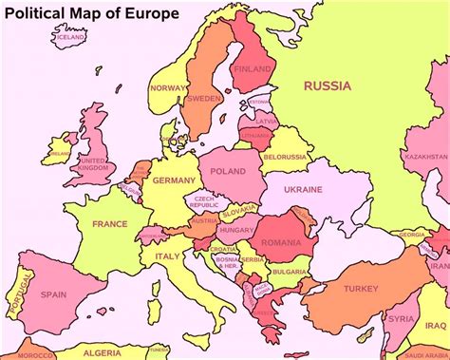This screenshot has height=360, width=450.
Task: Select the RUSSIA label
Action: (327, 85)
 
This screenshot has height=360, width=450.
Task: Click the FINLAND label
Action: (253, 69)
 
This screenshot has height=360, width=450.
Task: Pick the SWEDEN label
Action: (205, 98)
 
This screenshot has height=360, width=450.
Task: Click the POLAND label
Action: (228, 172)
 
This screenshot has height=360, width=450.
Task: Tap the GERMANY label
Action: (174, 180)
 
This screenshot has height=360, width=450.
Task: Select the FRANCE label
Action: (108, 224)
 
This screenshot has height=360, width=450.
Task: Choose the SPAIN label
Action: (53, 294)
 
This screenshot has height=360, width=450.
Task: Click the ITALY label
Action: (167, 256)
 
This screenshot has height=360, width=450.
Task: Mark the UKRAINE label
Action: (304, 190)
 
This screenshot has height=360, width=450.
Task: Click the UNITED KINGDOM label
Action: (92, 166)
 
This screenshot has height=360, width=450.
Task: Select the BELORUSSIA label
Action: (284, 157)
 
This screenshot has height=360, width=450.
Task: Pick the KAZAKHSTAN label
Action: (425, 156)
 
